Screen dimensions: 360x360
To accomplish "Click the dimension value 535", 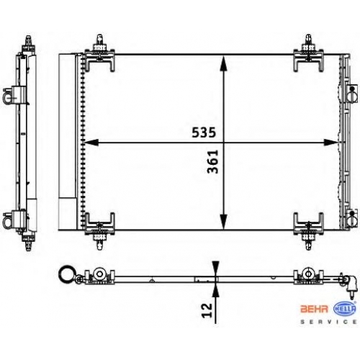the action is (204, 132).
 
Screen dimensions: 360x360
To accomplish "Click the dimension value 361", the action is (212, 161).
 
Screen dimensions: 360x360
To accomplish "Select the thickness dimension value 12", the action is (207, 310).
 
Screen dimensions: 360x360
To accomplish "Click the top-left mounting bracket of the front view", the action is (100, 54).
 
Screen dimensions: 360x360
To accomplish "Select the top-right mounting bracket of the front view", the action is (308, 54).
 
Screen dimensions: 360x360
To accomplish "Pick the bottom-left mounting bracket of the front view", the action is (100, 230).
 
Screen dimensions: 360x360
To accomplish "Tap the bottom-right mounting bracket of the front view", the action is (308, 230).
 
